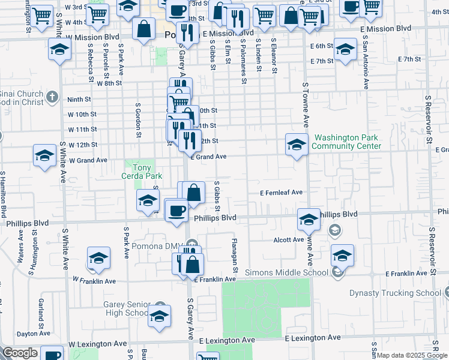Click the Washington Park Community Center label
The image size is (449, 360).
(347, 142)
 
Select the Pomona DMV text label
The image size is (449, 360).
(156, 247)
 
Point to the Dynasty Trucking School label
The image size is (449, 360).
(396, 293)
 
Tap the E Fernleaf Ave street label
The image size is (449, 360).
(281, 193)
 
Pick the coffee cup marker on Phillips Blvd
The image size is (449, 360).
(176, 211)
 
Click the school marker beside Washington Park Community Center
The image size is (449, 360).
(297, 145)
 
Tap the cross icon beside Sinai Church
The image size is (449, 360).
(53, 97)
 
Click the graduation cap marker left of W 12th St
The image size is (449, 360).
(44, 155)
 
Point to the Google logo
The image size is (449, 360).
(20, 353)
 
